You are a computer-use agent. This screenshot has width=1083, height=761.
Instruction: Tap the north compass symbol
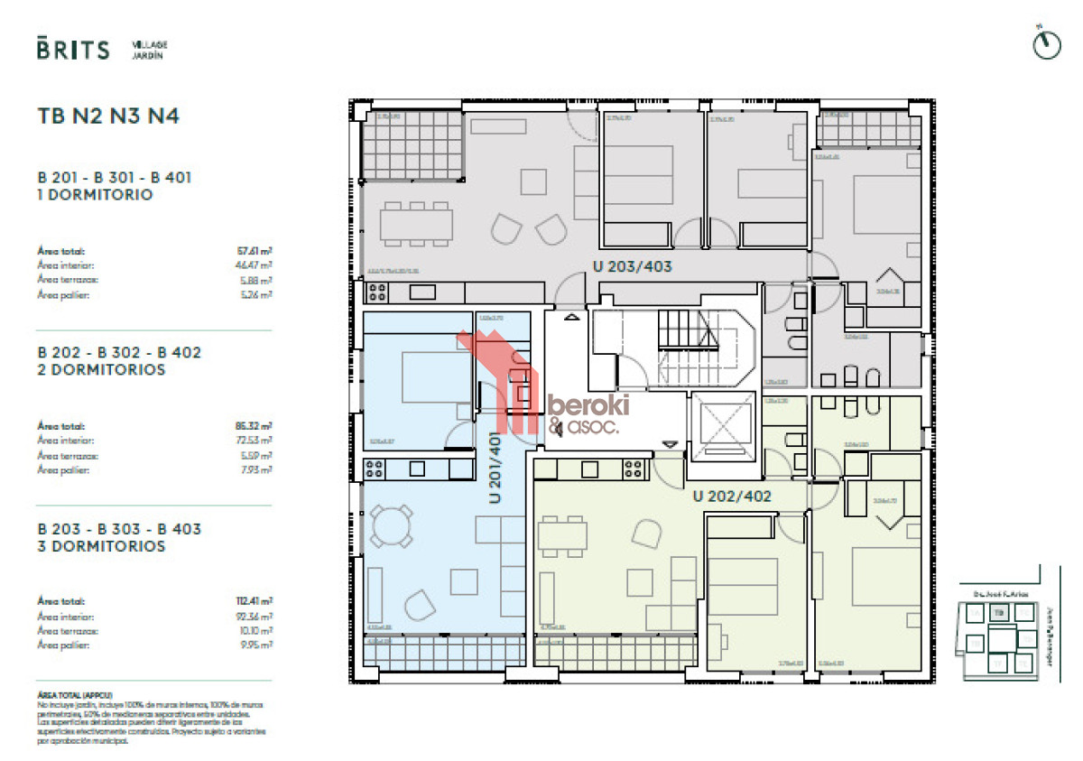coord(1045,46)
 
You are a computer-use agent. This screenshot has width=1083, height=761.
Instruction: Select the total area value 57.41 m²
coord(255,252)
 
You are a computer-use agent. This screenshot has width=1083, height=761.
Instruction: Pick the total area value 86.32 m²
coord(255,426)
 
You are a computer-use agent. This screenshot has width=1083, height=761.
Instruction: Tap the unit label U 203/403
coord(632,266)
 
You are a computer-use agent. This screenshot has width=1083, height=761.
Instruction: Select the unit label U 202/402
coord(732,496)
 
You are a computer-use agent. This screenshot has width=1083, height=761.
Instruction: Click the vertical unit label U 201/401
coord(495,467)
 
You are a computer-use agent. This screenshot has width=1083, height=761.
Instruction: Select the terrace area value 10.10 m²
coord(258,631)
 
